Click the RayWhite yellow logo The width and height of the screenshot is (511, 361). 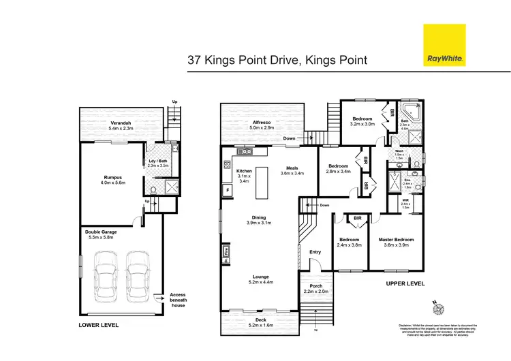point(444,46)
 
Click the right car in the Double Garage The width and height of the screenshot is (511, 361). point(138,275)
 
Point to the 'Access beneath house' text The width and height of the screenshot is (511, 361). point(177,300)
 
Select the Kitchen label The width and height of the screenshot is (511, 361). point(245,171)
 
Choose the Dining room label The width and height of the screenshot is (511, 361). point(258,218)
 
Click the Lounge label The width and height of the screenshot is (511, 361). point(258,277)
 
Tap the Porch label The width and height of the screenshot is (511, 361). point(316,286)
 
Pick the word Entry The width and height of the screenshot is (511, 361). point(315,252)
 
